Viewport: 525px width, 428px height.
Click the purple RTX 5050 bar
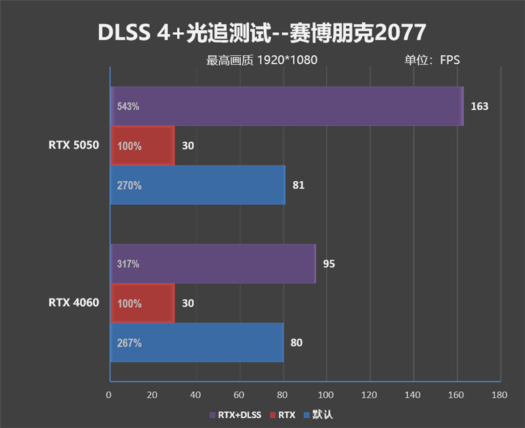coord(287,106)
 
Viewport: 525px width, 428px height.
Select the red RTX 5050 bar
coord(142,145)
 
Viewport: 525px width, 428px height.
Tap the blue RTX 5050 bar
coord(198,185)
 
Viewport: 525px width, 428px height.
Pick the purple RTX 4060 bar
coord(213,264)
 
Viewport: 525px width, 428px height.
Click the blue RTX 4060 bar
coord(196,343)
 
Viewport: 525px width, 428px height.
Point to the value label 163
coord(480,106)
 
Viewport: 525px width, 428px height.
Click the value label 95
coord(329,264)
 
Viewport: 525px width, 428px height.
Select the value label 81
coord(299,185)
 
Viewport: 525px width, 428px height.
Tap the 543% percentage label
coord(128,106)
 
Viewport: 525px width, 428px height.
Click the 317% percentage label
coord(128,264)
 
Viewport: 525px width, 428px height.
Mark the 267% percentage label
coord(129,343)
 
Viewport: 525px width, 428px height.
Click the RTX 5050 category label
coord(73,145)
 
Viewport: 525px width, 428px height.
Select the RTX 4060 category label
coord(73,303)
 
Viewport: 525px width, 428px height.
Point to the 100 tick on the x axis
coord(325,395)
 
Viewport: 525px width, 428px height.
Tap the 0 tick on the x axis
coord(109,395)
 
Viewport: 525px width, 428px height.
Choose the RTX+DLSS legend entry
coord(235,415)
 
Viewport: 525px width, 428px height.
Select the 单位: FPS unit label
coord(432,60)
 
